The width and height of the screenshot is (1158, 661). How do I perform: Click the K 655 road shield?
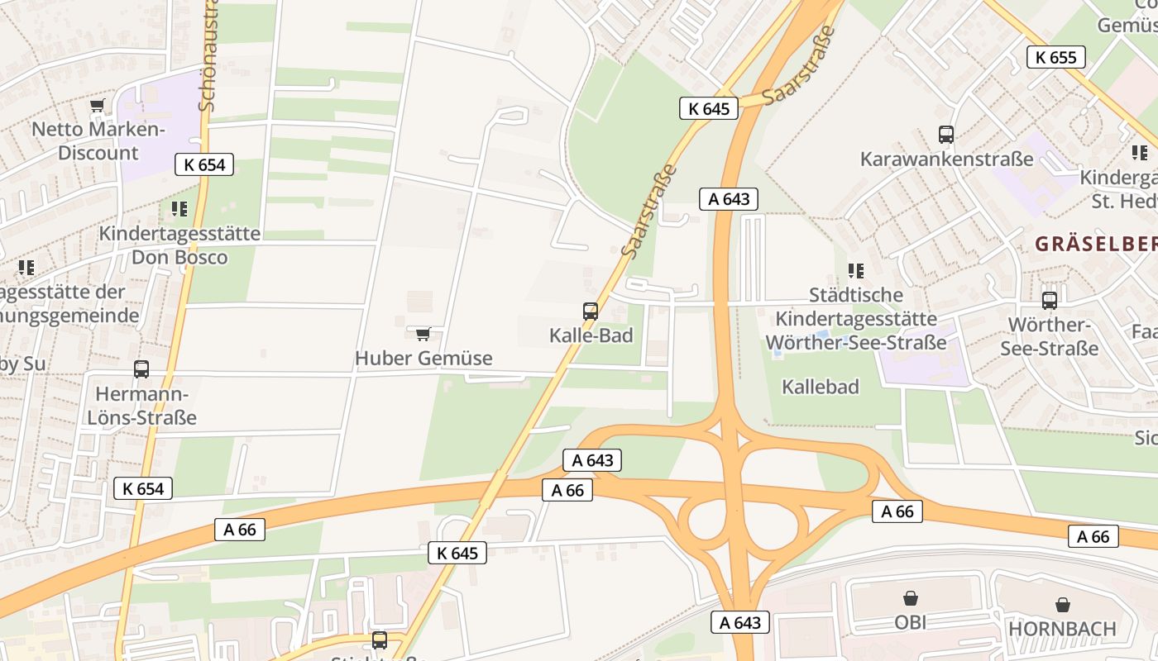point(1055,57)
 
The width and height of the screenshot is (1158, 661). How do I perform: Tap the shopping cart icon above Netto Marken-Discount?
point(98,106)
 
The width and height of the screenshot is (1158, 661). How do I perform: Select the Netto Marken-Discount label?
point(98,141)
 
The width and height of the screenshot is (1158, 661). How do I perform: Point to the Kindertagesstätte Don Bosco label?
point(179,245)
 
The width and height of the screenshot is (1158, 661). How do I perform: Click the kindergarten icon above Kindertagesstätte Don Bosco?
point(179,209)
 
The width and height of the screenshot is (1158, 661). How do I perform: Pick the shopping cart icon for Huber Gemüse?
point(423,334)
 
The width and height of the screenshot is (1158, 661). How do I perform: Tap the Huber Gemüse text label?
point(423,359)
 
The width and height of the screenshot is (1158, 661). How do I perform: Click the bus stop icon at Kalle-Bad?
point(591,311)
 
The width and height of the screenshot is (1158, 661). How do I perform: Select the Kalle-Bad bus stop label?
point(591,335)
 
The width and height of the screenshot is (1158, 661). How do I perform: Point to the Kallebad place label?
point(821,387)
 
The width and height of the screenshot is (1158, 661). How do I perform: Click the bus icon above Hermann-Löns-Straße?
point(141,369)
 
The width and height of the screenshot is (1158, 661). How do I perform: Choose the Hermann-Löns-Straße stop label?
point(141,406)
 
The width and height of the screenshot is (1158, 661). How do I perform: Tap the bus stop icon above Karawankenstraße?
point(946,135)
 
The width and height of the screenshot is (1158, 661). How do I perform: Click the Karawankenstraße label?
point(946,159)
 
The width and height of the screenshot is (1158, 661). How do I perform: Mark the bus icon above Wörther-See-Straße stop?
point(1050,301)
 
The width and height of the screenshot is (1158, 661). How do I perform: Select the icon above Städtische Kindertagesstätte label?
point(856,270)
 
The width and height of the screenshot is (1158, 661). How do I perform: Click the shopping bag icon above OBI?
point(911,598)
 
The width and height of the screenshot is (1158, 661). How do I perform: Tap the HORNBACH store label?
point(1062,629)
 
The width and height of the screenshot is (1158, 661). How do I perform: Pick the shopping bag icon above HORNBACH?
point(1062,606)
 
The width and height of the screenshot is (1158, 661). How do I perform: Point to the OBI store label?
point(911,622)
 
